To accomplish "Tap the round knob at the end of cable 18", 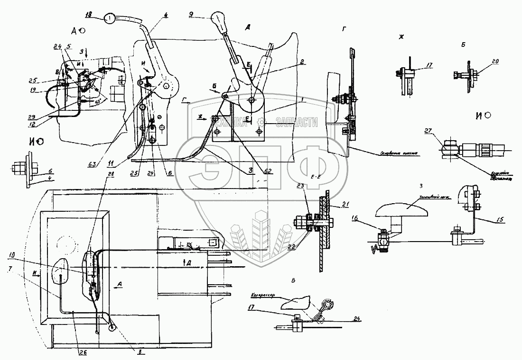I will pyautogui.click(x=110, y=19).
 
